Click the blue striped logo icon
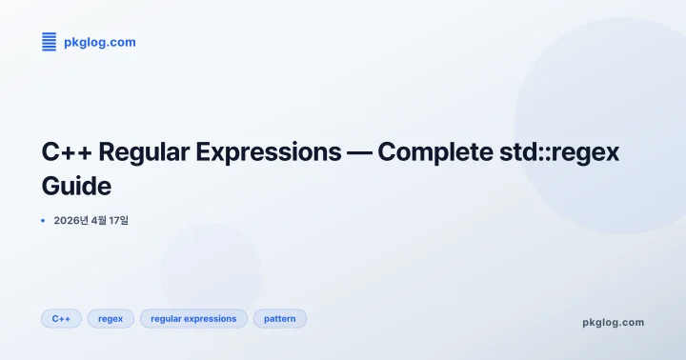(50, 41)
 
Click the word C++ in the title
(66, 152)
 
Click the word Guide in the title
(77, 184)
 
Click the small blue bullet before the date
(43, 221)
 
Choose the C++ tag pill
(61, 318)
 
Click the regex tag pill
(111, 318)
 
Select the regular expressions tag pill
(193, 318)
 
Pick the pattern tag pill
(279, 318)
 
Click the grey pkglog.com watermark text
(613, 322)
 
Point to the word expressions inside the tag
(210, 318)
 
